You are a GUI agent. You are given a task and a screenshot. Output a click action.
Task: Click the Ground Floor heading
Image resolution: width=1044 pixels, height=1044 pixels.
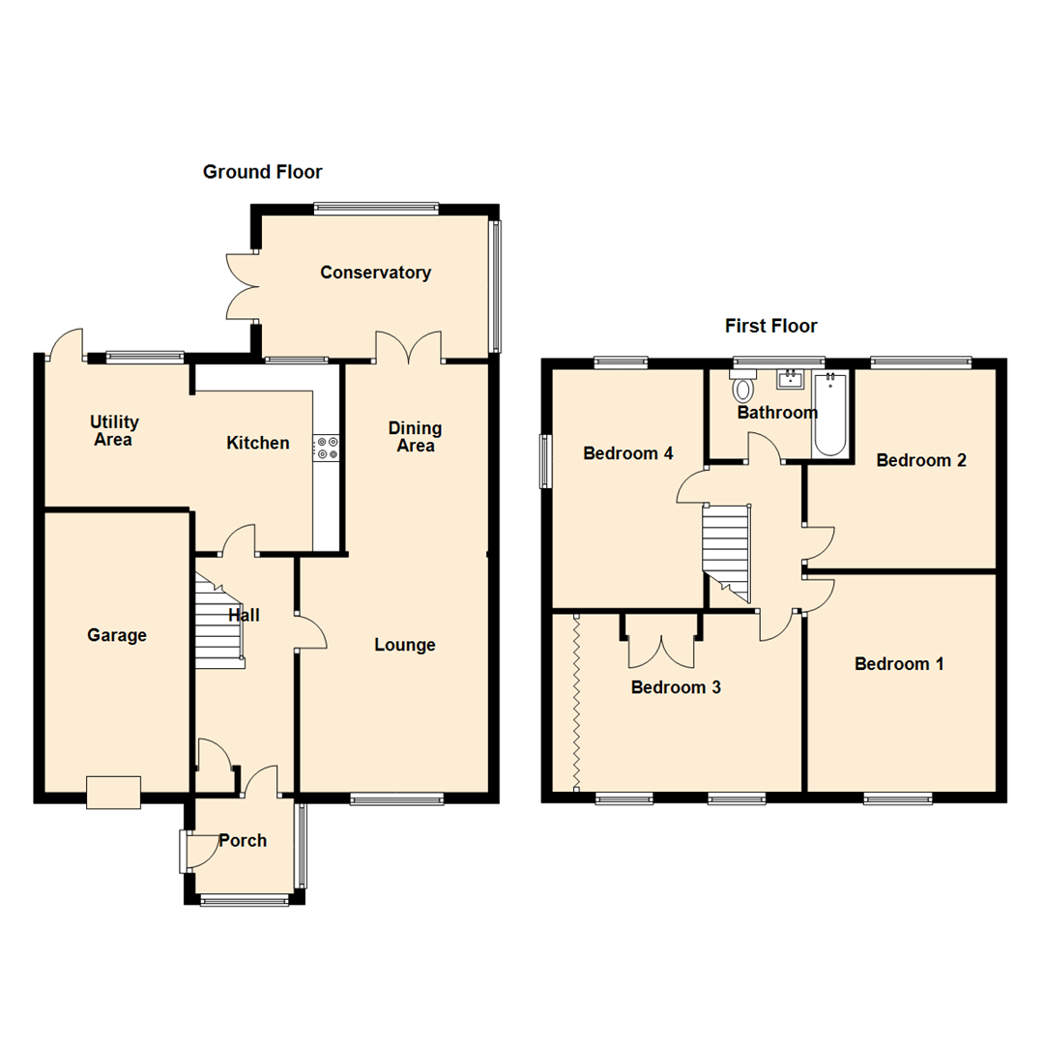pyautogui.click(x=262, y=172)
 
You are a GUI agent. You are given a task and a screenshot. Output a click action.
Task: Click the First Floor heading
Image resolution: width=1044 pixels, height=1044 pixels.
pyautogui.click(x=771, y=326)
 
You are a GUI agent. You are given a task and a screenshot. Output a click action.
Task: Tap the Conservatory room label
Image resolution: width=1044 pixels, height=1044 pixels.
pyautogui.click(x=375, y=273)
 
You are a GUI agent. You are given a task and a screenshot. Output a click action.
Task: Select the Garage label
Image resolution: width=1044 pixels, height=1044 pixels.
pyautogui.click(x=117, y=635)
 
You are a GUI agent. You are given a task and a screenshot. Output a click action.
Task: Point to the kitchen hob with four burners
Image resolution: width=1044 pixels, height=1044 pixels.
pyautogui.click(x=327, y=448)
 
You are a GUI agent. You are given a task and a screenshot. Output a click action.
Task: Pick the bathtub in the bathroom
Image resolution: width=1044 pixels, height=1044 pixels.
pyautogui.click(x=829, y=414)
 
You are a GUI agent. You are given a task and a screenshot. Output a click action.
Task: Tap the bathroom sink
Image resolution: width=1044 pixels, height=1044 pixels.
pyautogui.click(x=791, y=379)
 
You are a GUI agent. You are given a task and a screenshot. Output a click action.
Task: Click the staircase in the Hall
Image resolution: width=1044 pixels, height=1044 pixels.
pyautogui.click(x=219, y=622)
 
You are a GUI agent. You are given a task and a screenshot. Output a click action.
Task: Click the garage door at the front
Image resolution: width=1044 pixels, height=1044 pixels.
pyautogui.click(x=113, y=793)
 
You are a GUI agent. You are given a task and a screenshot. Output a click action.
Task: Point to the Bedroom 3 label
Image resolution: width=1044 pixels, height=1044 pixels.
pyautogui.click(x=676, y=687)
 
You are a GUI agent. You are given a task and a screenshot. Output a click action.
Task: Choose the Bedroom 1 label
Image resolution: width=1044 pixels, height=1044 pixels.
pyautogui.click(x=899, y=664)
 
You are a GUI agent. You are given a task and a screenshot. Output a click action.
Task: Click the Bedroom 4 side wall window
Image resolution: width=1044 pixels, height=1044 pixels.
pyautogui.click(x=545, y=461)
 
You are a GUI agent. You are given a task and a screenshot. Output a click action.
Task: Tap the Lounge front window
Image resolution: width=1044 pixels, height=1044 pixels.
pyautogui.click(x=397, y=799)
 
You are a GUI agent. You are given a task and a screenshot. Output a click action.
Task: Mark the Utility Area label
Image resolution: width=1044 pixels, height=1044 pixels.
pyautogui.click(x=114, y=431)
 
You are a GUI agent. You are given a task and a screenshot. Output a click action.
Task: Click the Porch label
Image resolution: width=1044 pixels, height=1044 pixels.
pyautogui.click(x=243, y=841)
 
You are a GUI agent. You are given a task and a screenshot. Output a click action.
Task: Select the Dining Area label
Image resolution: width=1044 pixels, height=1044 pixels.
pyautogui.click(x=415, y=437)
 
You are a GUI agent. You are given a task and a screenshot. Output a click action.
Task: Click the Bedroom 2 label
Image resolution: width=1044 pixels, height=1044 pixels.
pyautogui.click(x=921, y=460)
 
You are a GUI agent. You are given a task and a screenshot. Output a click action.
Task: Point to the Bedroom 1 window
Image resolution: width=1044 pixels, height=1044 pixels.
pyautogui.click(x=898, y=798)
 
